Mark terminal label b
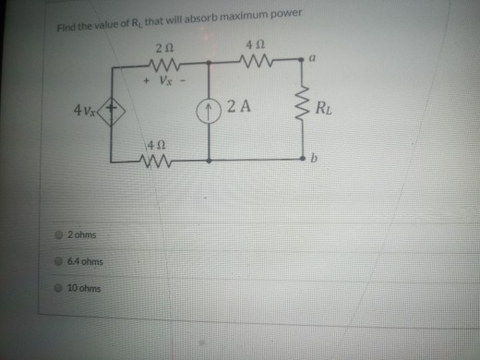315,162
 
